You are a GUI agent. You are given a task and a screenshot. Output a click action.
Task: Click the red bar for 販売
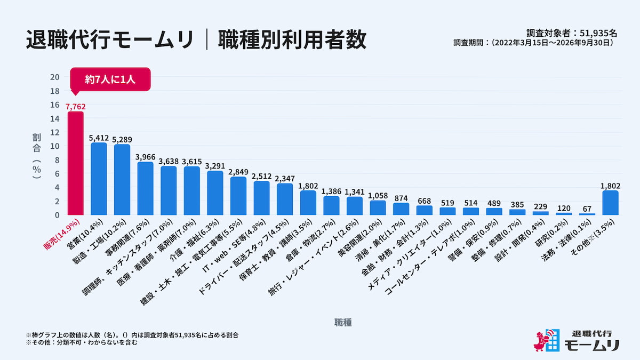[75, 163]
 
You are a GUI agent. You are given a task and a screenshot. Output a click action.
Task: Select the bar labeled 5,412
[99, 179]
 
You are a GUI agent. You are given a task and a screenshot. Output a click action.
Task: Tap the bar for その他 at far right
[610, 203]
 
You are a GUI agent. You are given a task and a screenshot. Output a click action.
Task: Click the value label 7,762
[75, 107]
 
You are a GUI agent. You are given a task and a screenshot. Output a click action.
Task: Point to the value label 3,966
[146, 157]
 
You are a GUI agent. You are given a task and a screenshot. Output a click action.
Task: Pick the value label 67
[587, 209]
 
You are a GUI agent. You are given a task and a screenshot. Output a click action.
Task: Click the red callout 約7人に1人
[110, 79]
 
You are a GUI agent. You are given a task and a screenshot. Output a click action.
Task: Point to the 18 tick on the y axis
[54, 91]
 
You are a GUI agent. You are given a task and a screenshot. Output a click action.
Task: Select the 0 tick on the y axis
[57, 215]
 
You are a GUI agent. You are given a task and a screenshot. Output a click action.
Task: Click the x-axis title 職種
[343, 323]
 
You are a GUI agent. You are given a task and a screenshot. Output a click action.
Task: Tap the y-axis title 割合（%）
[37, 156]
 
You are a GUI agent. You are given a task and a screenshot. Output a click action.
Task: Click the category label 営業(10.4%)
[85, 234]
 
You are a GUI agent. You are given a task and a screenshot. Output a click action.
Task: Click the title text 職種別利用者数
[292, 39]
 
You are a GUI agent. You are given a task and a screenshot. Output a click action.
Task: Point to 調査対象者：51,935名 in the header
[572, 33]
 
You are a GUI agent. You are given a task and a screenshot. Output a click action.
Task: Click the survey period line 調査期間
[533, 43]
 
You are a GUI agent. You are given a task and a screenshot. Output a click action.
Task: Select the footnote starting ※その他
[82, 342]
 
